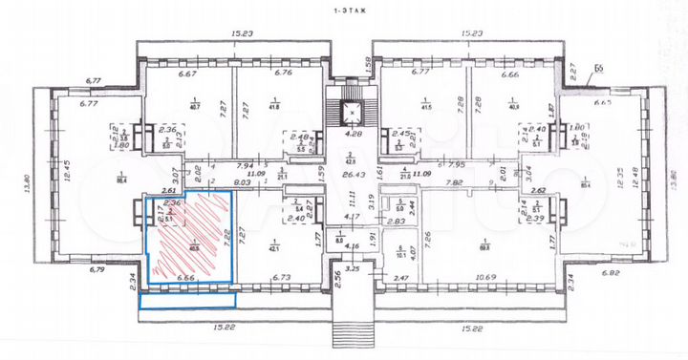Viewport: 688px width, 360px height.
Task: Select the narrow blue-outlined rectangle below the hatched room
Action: coord(187,300)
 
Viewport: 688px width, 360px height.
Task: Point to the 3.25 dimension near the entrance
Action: coord(353,270)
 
